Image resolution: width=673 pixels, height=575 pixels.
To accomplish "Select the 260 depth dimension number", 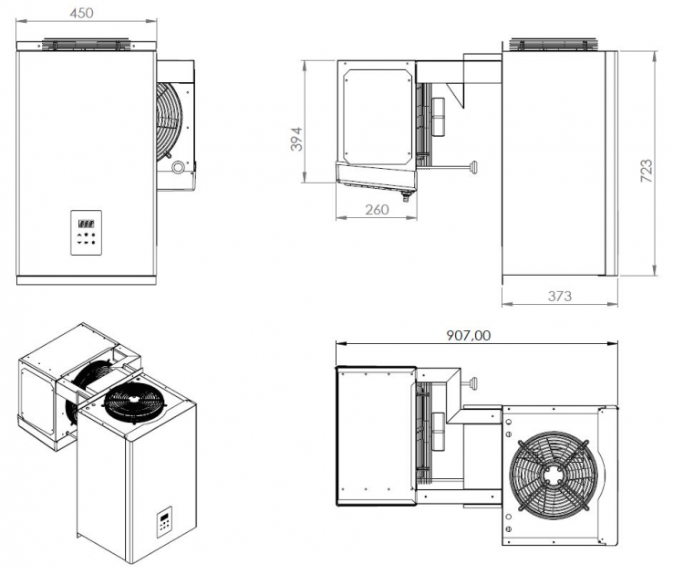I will [x=377, y=209].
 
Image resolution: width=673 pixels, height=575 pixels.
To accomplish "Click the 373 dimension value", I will [x=559, y=296].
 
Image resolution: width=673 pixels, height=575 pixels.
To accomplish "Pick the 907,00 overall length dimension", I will [x=469, y=335].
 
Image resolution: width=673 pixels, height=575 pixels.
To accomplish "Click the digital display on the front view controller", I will [x=88, y=223].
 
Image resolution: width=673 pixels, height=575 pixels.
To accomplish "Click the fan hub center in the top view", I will [x=549, y=475].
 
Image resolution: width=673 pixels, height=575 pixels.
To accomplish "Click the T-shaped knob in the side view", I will [x=473, y=166].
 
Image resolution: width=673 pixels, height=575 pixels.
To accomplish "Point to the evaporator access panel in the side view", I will [x=376, y=114].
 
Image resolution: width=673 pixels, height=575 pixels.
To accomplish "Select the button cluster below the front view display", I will [x=88, y=238].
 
